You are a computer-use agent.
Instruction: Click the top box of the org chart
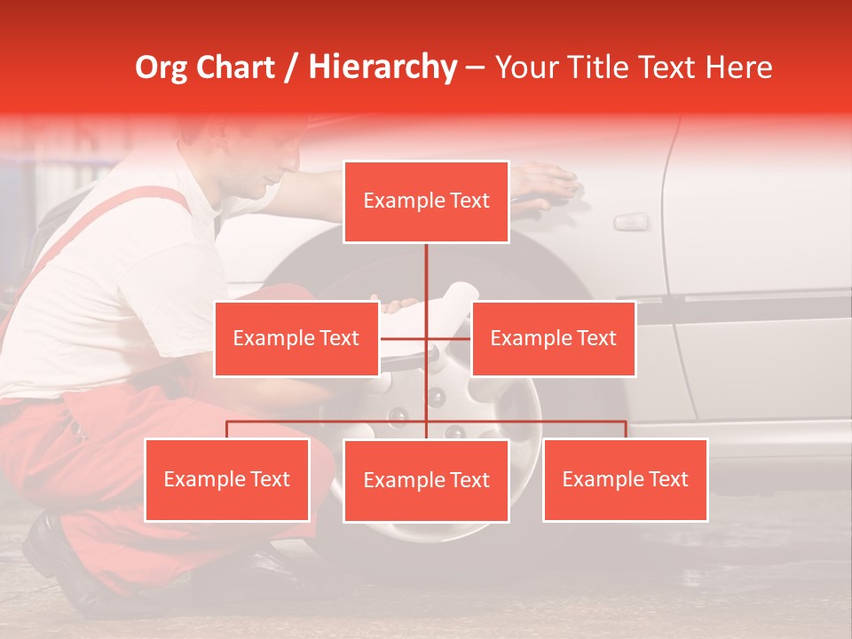point(426,201)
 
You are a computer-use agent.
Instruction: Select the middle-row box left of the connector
point(296,338)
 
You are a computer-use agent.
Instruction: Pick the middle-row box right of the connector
point(553,338)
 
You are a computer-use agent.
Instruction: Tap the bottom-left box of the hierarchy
point(226,479)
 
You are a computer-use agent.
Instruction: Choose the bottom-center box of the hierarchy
point(426,480)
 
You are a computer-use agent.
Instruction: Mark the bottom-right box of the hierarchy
point(625,479)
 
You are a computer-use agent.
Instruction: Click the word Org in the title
point(162,67)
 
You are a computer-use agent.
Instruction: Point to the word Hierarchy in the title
point(383,67)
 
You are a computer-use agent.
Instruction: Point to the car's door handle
point(631,221)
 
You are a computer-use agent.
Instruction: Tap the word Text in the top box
point(469,201)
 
